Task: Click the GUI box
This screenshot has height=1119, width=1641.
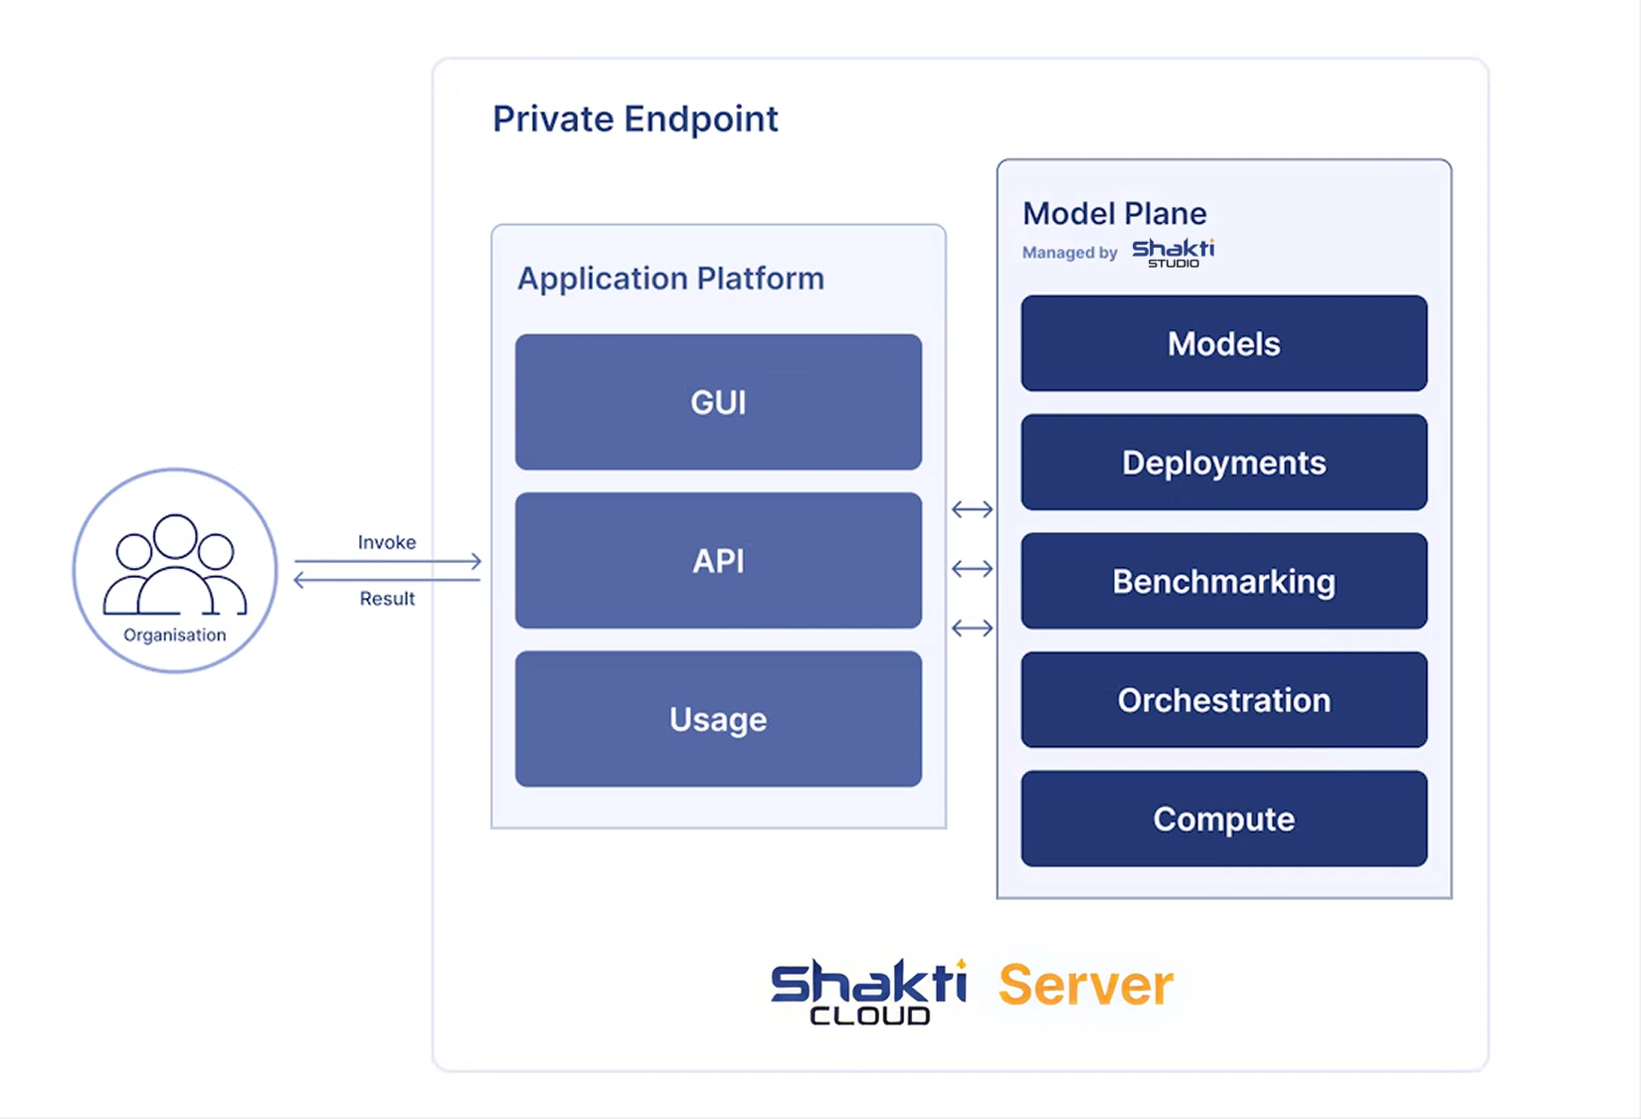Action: click(x=718, y=402)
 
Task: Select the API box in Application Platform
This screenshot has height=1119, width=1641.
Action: click(x=718, y=561)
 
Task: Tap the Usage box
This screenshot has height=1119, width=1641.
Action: click(x=718, y=719)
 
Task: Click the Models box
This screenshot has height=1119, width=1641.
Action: click(x=1223, y=343)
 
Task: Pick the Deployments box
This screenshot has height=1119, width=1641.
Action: click(x=1223, y=463)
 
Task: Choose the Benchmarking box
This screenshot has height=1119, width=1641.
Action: click(x=1223, y=581)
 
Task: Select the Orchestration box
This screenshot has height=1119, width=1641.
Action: click(x=1223, y=700)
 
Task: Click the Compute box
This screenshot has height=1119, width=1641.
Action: click(x=1223, y=819)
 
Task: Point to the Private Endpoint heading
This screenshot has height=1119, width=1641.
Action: click(x=635, y=119)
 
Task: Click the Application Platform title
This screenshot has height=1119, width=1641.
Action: click(x=670, y=279)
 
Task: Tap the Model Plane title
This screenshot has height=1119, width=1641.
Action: click(x=1114, y=214)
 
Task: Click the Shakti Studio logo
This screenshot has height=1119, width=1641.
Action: click(x=1174, y=253)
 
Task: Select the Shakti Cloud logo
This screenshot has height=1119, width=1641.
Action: click(x=868, y=991)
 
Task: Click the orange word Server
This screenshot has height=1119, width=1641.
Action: click(x=1085, y=986)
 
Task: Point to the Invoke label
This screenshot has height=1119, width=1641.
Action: click(x=387, y=542)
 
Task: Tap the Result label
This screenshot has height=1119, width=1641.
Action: click(x=387, y=599)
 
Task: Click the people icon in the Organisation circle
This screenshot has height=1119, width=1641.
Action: click(x=175, y=564)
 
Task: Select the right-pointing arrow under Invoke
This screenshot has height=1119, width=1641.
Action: click(x=388, y=561)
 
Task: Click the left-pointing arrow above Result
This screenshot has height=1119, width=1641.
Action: click(x=388, y=580)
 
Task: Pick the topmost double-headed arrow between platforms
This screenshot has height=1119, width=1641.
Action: click(x=972, y=509)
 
